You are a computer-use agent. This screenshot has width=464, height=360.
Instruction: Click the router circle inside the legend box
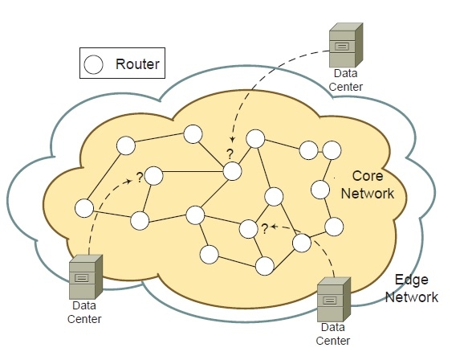95,63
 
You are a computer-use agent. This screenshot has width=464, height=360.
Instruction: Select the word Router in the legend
137,63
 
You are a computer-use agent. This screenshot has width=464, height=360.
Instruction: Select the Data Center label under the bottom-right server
336,334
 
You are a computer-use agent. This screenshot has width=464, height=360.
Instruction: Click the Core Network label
368,184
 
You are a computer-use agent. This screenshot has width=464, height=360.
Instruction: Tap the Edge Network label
410,289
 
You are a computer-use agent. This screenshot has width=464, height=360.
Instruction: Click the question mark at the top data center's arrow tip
229,153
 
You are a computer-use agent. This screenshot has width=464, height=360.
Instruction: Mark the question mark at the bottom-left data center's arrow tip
139,177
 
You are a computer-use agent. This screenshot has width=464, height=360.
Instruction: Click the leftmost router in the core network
83,208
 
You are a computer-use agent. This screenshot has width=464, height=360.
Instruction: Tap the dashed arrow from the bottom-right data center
321,241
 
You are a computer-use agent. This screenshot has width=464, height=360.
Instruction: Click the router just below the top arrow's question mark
232,170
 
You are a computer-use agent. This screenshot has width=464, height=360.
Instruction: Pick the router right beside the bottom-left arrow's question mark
155,175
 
